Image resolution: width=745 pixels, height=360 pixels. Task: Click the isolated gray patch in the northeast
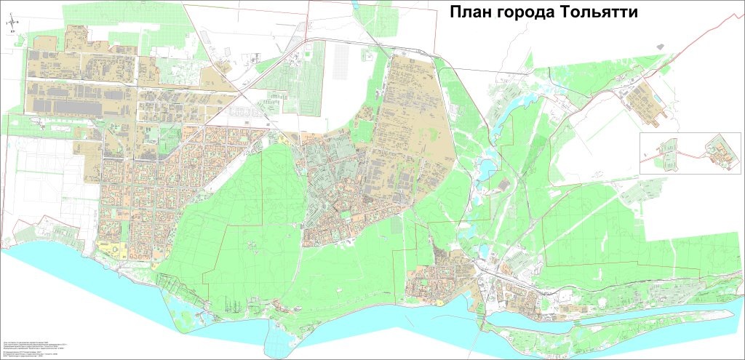coord(660,45)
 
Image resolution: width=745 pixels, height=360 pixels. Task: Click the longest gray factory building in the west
coord(80,107)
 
